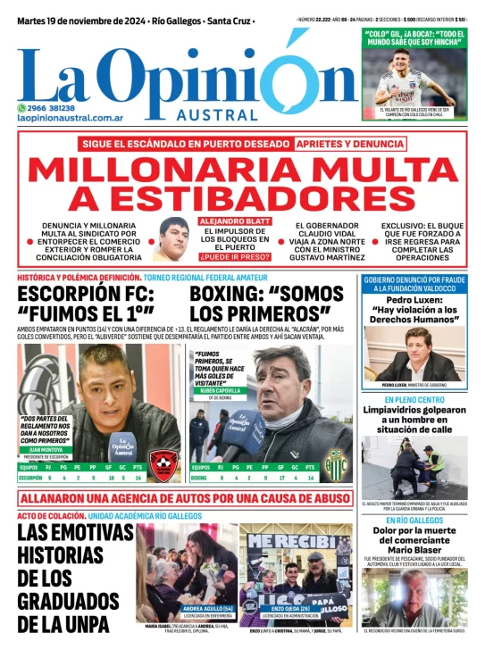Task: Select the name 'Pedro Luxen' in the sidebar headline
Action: click(414, 301)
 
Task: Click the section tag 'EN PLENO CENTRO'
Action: click(414, 400)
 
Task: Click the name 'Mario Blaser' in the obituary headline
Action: click(414, 550)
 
